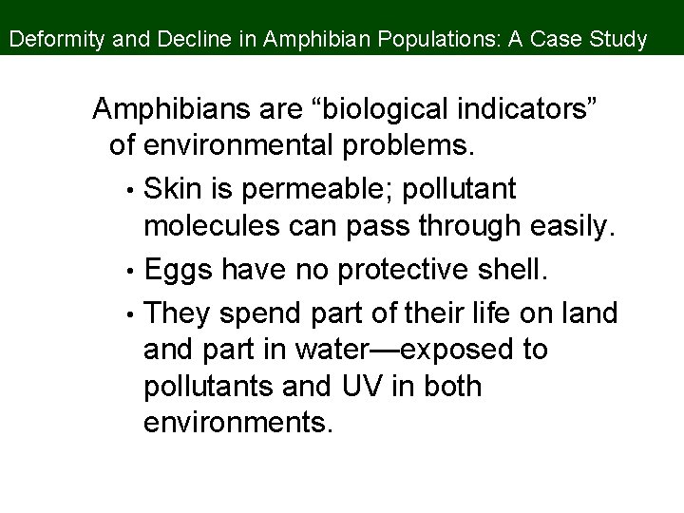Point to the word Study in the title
pos(620,41)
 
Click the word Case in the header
pos(560,41)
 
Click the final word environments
pos(238,425)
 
